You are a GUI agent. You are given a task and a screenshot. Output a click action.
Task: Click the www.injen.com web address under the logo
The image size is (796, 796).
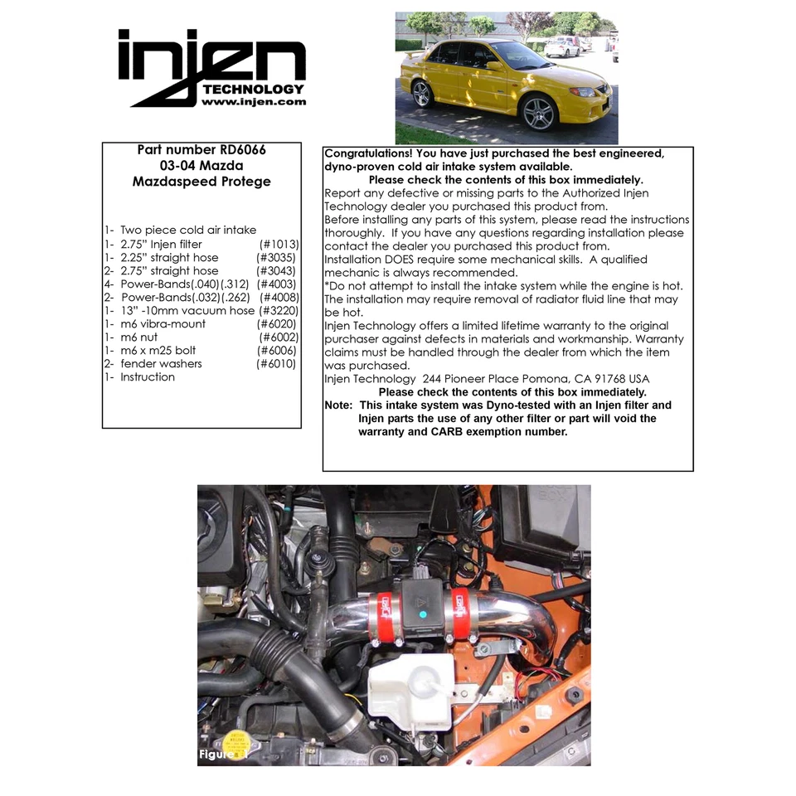[253, 102]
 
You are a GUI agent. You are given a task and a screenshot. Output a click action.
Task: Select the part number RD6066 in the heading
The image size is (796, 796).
[242, 150]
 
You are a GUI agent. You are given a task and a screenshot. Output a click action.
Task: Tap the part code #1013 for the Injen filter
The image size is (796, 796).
[279, 245]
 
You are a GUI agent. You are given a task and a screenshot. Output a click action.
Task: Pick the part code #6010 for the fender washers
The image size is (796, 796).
[276, 363]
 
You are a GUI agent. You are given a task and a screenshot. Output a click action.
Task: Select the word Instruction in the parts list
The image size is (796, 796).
[148, 376]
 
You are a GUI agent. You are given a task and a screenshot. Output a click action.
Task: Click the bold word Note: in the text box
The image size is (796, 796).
[338, 405]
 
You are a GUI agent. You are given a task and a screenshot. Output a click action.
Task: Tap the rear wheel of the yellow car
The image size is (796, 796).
[422, 94]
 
